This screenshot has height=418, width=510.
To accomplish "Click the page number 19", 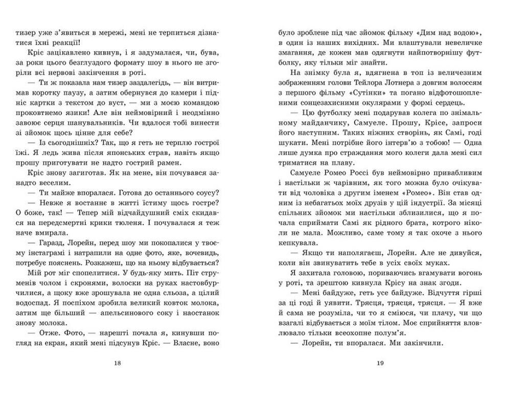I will click(x=380, y=363).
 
